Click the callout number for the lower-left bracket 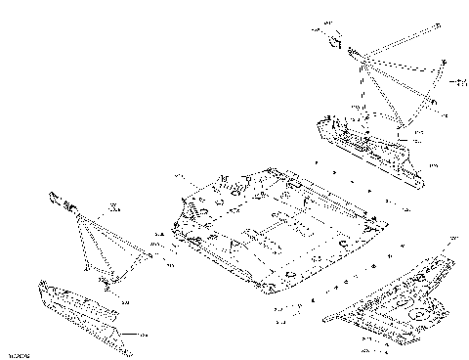tap(143, 334)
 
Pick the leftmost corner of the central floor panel tap(173, 227)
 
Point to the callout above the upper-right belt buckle tap(328, 22)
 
